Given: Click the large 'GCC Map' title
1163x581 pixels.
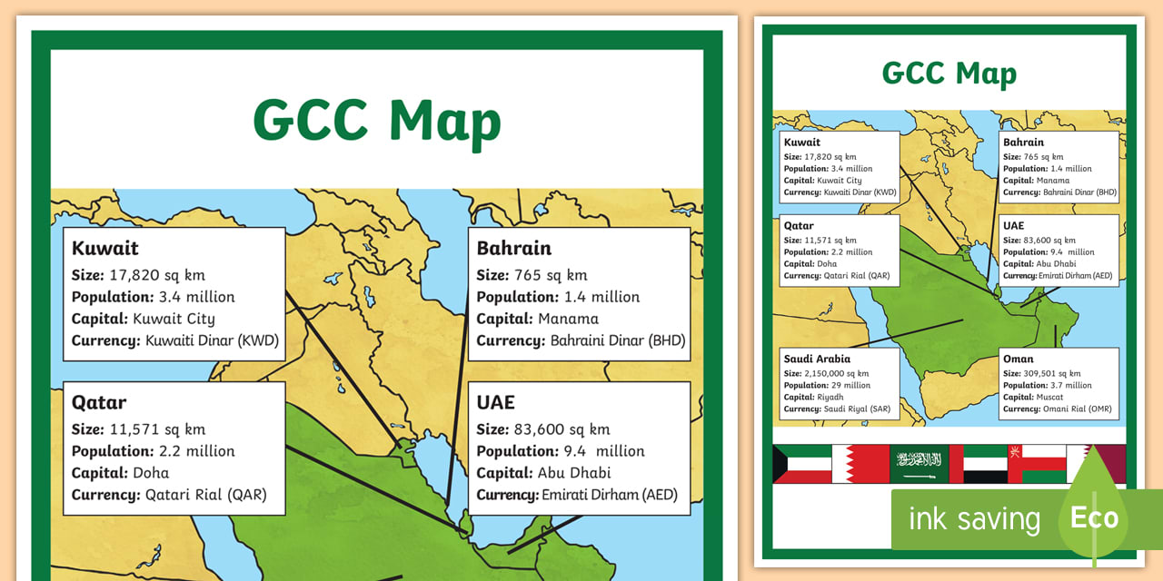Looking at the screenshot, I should coord(377,121).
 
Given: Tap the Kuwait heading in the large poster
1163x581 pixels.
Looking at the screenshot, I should coord(104,249).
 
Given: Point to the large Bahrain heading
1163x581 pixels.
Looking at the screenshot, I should coord(513,249).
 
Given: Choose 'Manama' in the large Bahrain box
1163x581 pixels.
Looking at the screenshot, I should coord(568,319).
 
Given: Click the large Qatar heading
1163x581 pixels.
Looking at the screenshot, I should coord(99,403).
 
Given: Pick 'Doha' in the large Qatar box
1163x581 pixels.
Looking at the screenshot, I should coord(151,473).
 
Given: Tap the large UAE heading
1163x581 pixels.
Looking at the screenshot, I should coord(495,403).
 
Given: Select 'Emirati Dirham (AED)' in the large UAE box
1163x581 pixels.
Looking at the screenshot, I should coord(610,496).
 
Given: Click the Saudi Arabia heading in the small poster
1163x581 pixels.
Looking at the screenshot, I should coord(817,359).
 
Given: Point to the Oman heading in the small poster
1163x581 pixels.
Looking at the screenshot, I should coord(1018,359).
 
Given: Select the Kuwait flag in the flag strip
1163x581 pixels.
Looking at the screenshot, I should coord(802,464).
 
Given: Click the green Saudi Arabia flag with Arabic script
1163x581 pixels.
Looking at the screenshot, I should coord(918,464).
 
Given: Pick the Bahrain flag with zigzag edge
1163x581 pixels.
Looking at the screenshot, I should coord(860,464).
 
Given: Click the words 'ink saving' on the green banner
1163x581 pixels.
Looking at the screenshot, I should coord(974,519).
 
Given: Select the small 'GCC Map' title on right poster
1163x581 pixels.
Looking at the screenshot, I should coord(949,74).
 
